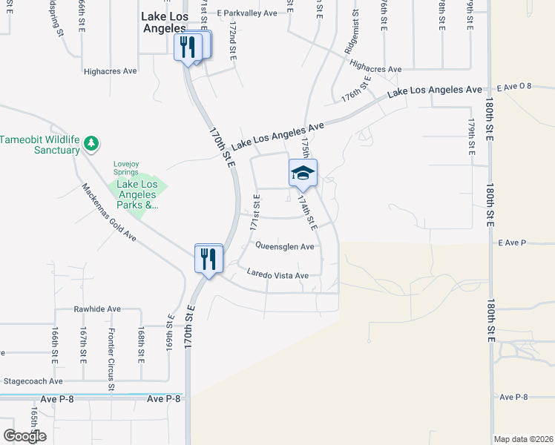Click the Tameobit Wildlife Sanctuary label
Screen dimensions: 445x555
[x=40, y=145]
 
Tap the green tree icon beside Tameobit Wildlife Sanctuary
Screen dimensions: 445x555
[x=91, y=142]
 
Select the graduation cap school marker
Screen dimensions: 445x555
[x=303, y=174]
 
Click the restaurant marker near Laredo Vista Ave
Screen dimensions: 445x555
[x=208, y=259]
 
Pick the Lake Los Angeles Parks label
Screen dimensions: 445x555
[x=134, y=194]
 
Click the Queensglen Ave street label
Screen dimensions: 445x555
[x=285, y=246]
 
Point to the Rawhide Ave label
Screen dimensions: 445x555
[x=96, y=309]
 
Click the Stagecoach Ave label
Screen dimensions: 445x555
[x=33, y=381]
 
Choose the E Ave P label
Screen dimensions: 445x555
[x=512, y=243]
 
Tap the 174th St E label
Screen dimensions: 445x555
[x=306, y=211]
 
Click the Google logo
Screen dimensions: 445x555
[x=24, y=436]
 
